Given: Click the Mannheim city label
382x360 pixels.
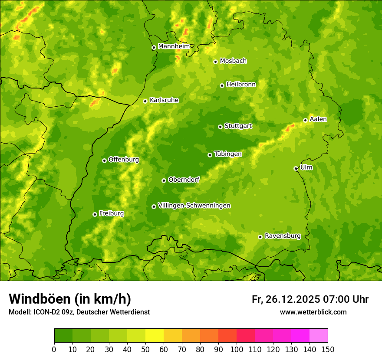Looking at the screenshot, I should pos(174,46).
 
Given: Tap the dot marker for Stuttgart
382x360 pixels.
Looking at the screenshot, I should pos(220,127).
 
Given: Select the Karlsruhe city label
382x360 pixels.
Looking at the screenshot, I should pos(164,100).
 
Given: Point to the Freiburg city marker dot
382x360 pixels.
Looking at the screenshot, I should pos(95,214).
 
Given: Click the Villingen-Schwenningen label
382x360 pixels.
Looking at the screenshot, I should pos(194,206).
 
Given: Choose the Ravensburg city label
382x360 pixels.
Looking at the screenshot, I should pos(282,236).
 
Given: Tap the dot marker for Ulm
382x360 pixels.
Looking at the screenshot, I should pos(296,168).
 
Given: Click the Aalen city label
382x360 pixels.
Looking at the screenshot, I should pos(318,119).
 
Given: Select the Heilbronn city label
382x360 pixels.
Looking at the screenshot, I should pos(241,85).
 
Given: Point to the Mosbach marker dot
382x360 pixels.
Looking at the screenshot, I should pos(215,62).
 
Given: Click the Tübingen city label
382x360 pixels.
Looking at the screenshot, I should pos(227,154).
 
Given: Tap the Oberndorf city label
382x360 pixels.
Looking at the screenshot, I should pos(184,180).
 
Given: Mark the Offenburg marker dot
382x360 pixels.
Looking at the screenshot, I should pos(104,160).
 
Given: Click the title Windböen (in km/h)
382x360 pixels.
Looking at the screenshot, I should pos(69,299).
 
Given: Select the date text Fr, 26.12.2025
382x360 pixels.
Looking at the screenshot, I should pos(286,299).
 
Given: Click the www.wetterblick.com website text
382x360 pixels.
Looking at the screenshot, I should pos(313,312).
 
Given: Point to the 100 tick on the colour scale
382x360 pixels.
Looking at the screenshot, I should pos(237,350).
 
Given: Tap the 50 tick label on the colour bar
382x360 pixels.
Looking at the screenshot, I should pos(145,350).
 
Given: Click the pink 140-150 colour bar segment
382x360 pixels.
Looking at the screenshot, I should pos(319,336).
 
